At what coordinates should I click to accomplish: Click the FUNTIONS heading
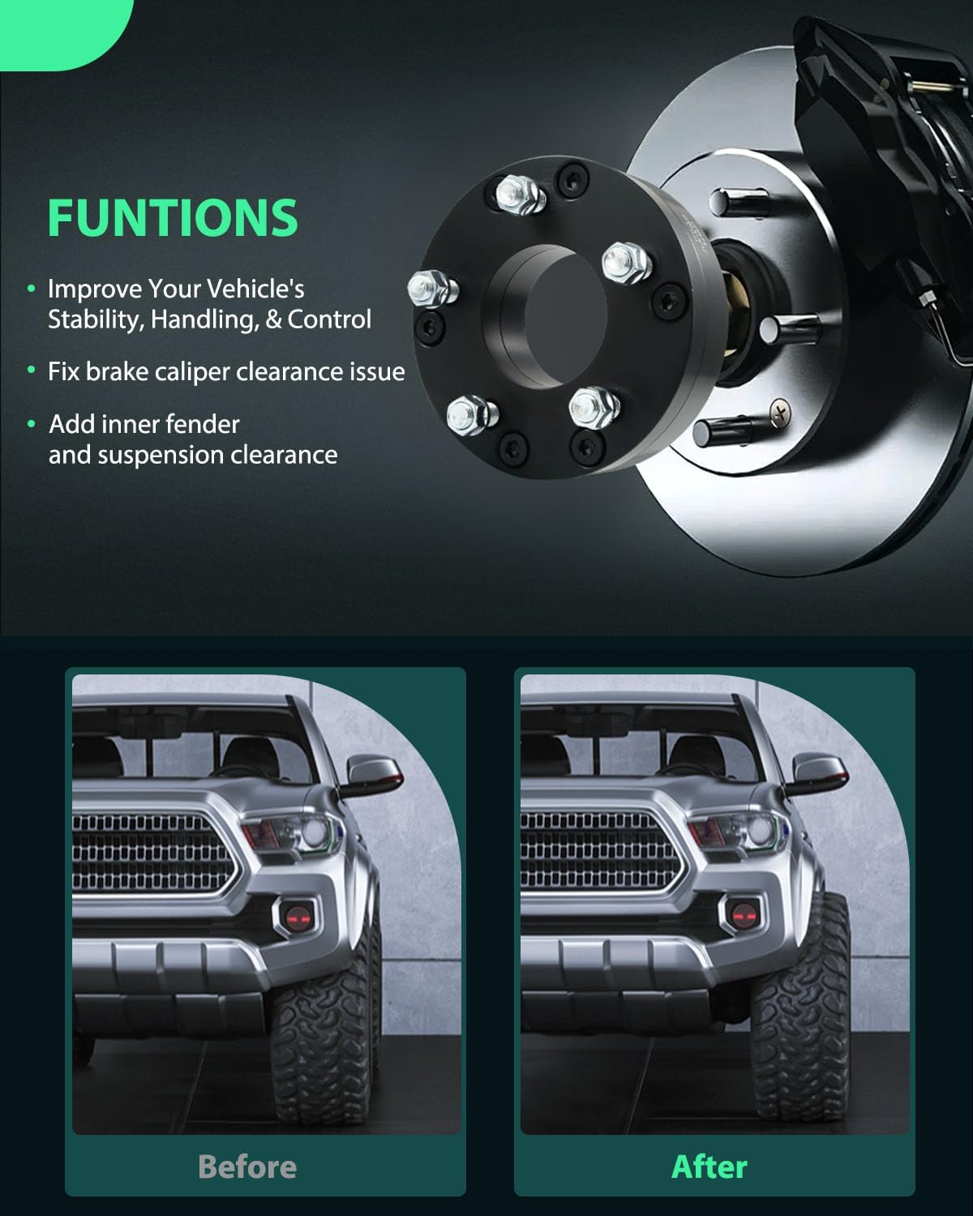coord(173,216)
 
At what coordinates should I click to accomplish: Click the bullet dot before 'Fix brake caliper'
coord(32,370)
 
